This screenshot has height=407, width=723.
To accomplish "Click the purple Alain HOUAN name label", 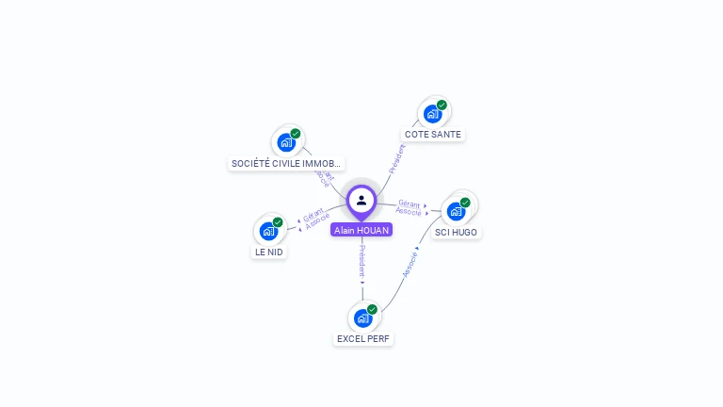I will pyautogui.click(x=361, y=230).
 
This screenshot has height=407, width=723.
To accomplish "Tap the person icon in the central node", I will pyautogui.click(x=361, y=200).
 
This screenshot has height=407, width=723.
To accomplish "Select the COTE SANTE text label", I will pyautogui.click(x=432, y=135).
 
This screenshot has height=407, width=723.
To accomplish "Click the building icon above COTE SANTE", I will pyautogui.click(x=432, y=114).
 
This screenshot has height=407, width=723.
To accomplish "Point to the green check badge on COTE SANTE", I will pyautogui.click(x=442, y=105).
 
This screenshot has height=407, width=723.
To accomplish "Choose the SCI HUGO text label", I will pyautogui.click(x=456, y=232).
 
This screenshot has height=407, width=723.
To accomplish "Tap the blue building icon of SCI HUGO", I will pyautogui.click(x=456, y=211).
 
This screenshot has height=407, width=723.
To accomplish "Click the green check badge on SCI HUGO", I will pyautogui.click(x=465, y=202).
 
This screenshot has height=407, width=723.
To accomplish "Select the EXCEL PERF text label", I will pyautogui.click(x=362, y=338).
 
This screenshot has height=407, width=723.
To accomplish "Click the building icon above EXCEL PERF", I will pyautogui.click(x=362, y=317).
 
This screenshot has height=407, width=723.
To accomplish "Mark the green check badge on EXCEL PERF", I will pyautogui.click(x=372, y=309).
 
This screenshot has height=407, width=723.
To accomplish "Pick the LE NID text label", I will pyautogui.click(x=268, y=252).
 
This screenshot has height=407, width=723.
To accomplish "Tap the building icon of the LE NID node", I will pyautogui.click(x=268, y=231).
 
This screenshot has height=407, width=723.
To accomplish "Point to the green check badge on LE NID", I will pyautogui.click(x=278, y=222).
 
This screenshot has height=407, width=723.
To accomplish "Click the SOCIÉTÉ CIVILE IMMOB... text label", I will pyautogui.click(x=286, y=164).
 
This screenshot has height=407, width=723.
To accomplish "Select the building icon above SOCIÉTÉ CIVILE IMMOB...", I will pyautogui.click(x=286, y=143).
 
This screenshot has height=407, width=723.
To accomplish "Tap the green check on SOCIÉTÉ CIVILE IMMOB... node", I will pyautogui.click(x=296, y=134).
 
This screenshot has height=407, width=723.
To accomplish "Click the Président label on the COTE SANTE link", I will pyautogui.click(x=397, y=158).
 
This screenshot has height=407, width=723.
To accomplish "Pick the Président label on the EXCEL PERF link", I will pyautogui.click(x=362, y=261).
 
